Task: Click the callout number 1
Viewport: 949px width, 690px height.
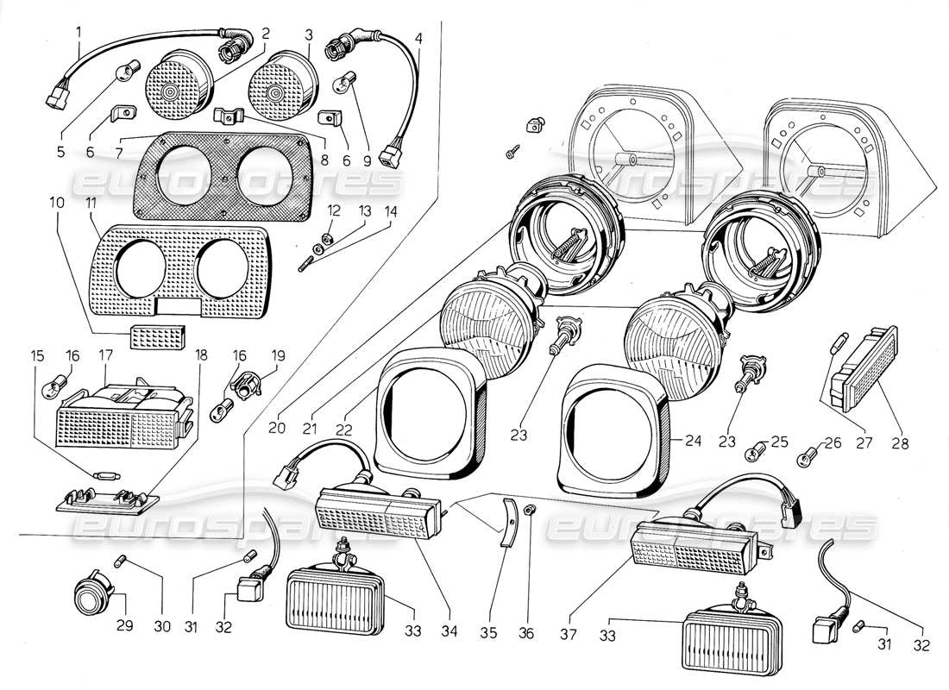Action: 79,34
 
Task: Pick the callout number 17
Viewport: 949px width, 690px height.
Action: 106,354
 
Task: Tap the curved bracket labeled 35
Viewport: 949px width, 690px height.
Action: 509,524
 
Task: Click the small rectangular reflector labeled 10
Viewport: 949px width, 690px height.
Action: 157,337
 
